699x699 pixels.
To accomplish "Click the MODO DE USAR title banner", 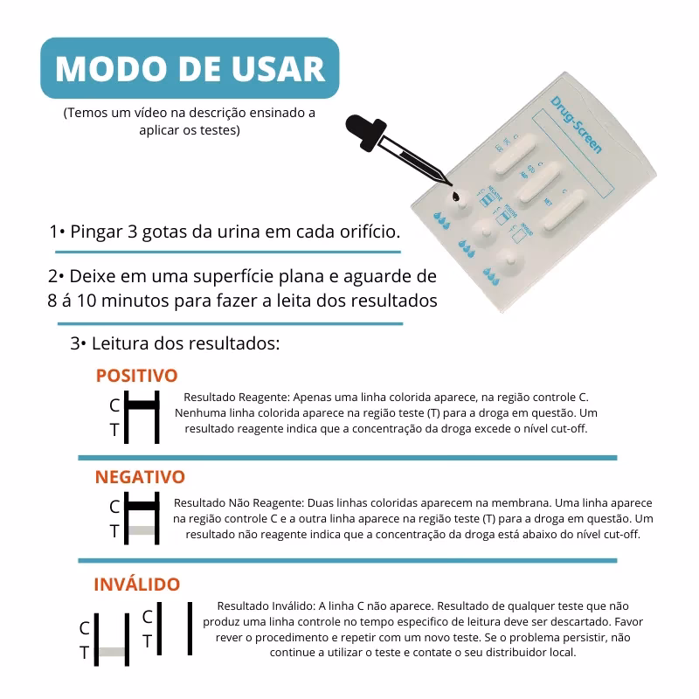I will pyautogui.click(x=190, y=68).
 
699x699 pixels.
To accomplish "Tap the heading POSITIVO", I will pyautogui.click(x=136, y=376).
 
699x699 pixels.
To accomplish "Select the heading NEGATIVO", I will pyautogui.click(x=140, y=477).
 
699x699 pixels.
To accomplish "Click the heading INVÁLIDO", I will pyautogui.click(x=136, y=584).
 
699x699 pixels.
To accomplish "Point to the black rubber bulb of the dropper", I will pyautogui.click(x=360, y=129).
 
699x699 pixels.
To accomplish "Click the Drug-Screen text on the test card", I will pyautogui.click(x=577, y=127).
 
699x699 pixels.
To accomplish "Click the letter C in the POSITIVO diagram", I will pyautogui.click(x=114, y=405).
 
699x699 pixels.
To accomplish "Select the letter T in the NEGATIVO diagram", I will pyautogui.click(x=114, y=530).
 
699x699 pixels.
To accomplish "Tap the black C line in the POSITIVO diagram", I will pyautogui.click(x=142, y=405).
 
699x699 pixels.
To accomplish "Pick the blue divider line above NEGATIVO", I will pyautogui.click(x=347, y=457).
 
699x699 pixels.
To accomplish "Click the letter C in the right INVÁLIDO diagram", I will pyautogui.click(x=148, y=617).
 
